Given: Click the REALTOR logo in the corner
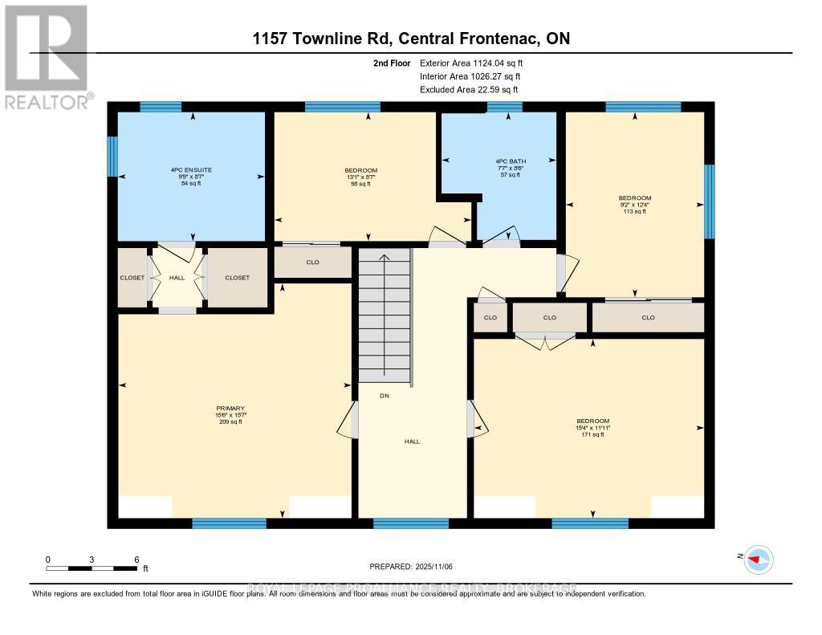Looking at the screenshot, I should coord(47,56).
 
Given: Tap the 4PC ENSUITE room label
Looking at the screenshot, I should coord(191,170).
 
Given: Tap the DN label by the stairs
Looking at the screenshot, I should coord(385,396).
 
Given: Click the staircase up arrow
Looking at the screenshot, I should coord(385,258).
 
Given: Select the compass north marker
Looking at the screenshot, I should coord(757,559).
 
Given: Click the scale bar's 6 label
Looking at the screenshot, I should coord(137,559).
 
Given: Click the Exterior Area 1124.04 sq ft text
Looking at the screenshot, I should coord(471,63).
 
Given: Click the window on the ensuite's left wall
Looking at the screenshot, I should coord(112,157).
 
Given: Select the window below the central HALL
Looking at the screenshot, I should coord(411,523).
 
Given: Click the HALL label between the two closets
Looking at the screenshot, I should coord(177,278).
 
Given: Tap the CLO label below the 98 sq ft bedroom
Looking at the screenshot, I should coord(313,262).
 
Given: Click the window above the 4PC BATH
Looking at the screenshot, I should coord(505,107).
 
